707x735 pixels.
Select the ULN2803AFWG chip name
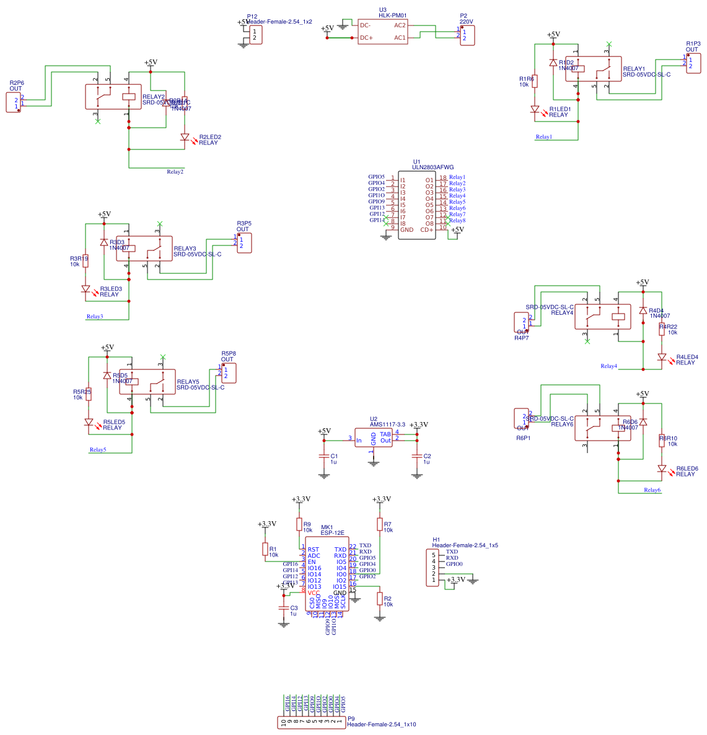pyautogui.click(x=433, y=167)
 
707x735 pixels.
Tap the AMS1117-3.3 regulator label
pyautogui.click(x=387, y=425)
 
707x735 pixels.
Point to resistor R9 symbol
pyautogui.click(x=299, y=525)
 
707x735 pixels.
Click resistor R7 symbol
pyautogui.click(x=380, y=525)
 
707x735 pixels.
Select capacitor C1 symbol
pyautogui.click(x=323, y=456)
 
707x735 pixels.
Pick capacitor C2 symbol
pyautogui.click(x=416, y=456)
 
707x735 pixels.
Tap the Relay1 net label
pyautogui.click(x=543, y=137)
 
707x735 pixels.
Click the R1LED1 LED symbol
pyautogui.click(x=535, y=109)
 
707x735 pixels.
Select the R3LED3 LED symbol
pyautogui.click(x=86, y=289)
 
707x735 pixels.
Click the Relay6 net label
pyautogui.click(x=652, y=490)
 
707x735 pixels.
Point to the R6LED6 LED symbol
pyautogui.click(x=662, y=469)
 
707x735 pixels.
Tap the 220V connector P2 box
pyautogui.click(x=467, y=35)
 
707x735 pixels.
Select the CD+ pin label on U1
pyautogui.click(x=427, y=230)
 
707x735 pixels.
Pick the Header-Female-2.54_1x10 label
pyautogui.click(x=381, y=724)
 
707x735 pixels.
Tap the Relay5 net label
pyautogui.click(x=97, y=450)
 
